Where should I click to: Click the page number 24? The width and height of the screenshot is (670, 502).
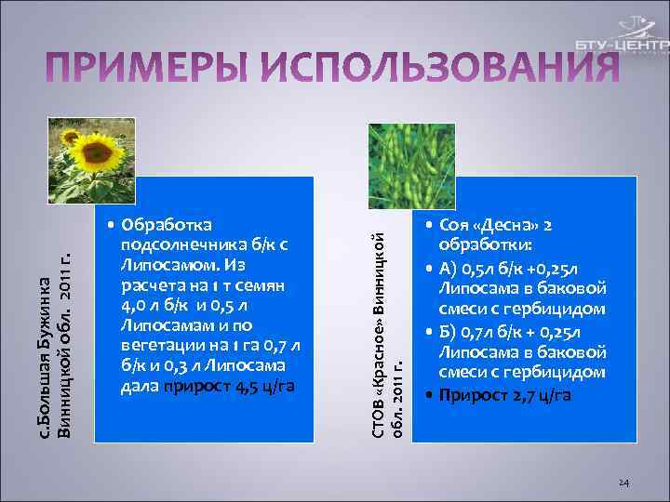[x=624, y=482]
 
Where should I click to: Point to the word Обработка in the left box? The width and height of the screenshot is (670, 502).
[x=167, y=226]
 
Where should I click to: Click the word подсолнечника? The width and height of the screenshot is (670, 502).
[x=178, y=245]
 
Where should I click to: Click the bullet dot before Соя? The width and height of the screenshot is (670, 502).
[x=421, y=227]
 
